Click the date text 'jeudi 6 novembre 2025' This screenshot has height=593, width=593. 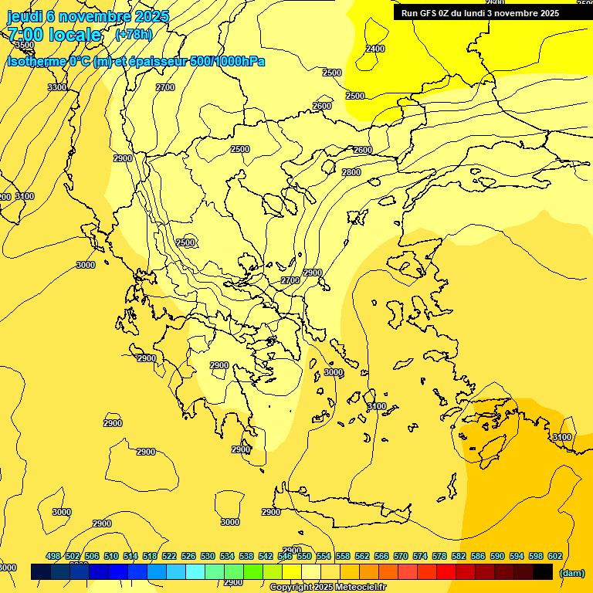(87, 16)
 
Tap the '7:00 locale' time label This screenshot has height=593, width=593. (54, 35)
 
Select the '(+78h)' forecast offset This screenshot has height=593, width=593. (133, 34)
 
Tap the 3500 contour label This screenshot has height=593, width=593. (24, 46)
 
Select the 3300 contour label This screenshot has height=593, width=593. (56, 88)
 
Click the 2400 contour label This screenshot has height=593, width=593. (375, 49)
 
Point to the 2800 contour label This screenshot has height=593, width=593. (351, 172)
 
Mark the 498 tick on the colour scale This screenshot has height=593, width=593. (53, 556)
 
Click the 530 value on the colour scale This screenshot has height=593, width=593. (208, 556)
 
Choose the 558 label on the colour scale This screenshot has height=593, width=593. (343, 556)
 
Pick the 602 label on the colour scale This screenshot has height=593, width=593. (555, 556)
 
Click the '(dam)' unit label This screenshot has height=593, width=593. (571, 572)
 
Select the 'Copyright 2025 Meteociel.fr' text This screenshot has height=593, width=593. (327, 587)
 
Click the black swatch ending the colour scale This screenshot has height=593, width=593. (543, 572)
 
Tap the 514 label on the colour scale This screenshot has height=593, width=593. (130, 556)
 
